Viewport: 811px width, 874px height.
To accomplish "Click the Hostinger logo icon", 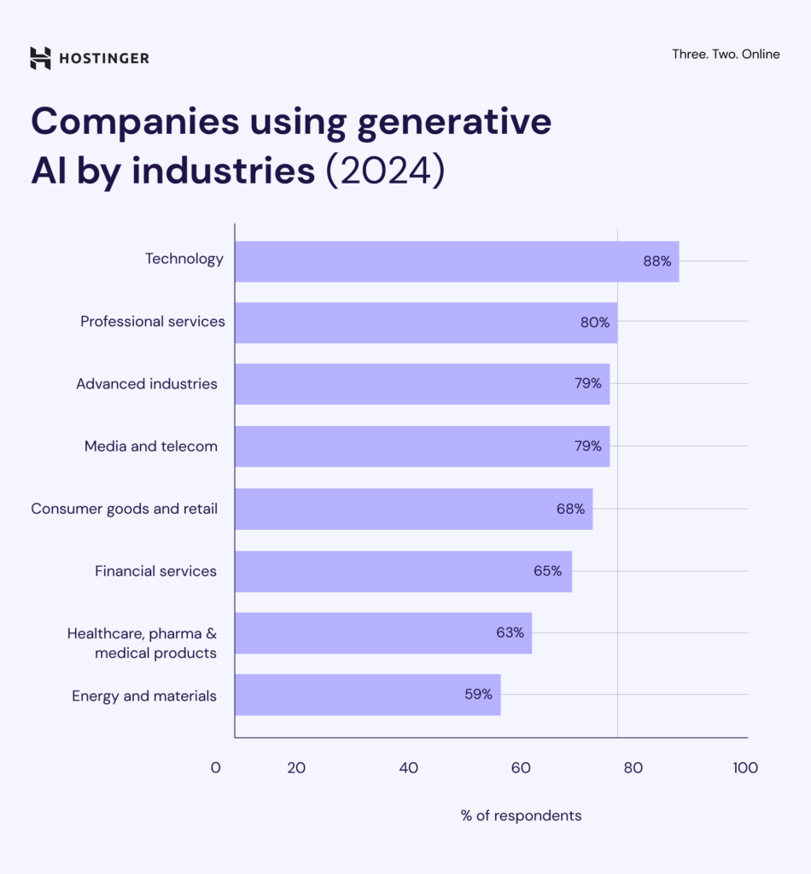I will [40, 58].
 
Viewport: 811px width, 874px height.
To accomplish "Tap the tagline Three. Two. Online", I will [726, 54].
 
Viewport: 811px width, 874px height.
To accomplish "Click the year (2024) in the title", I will [385, 170].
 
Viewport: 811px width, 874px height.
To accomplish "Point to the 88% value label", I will [657, 261].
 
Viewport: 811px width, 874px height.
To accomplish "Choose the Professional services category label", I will [153, 322].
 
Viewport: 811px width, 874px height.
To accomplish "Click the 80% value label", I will [595, 323].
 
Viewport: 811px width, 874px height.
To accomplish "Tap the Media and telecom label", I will [151, 446].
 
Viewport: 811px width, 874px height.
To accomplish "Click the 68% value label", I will [570, 509].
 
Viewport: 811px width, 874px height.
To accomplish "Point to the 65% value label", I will [547, 571].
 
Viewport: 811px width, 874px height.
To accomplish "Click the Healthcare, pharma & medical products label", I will [143, 644].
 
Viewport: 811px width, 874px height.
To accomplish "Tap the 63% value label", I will [510, 632].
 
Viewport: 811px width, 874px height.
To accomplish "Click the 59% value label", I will [478, 695].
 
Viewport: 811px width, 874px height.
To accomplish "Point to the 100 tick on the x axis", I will [744, 768].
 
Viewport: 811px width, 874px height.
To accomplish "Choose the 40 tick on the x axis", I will [409, 768].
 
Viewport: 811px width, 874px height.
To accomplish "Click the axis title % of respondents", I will [521, 816].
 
